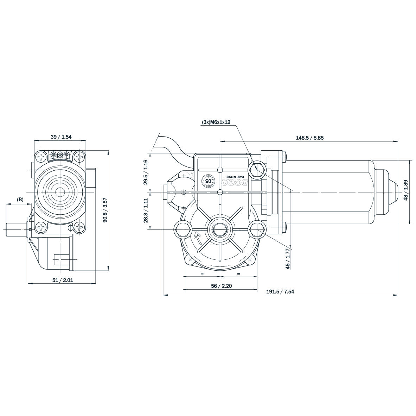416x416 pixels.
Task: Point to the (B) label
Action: click(20, 200)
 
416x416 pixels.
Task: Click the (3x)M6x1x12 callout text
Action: click(216, 122)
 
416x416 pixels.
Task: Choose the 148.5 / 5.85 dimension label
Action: click(309, 138)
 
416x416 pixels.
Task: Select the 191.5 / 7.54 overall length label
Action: click(280, 291)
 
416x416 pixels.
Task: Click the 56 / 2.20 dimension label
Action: click(221, 286)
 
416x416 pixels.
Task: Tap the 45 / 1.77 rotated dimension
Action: click(287, 259)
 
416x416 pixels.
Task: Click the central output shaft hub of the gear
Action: click(220, 230)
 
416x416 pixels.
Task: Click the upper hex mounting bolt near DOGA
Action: click(256, 170)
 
